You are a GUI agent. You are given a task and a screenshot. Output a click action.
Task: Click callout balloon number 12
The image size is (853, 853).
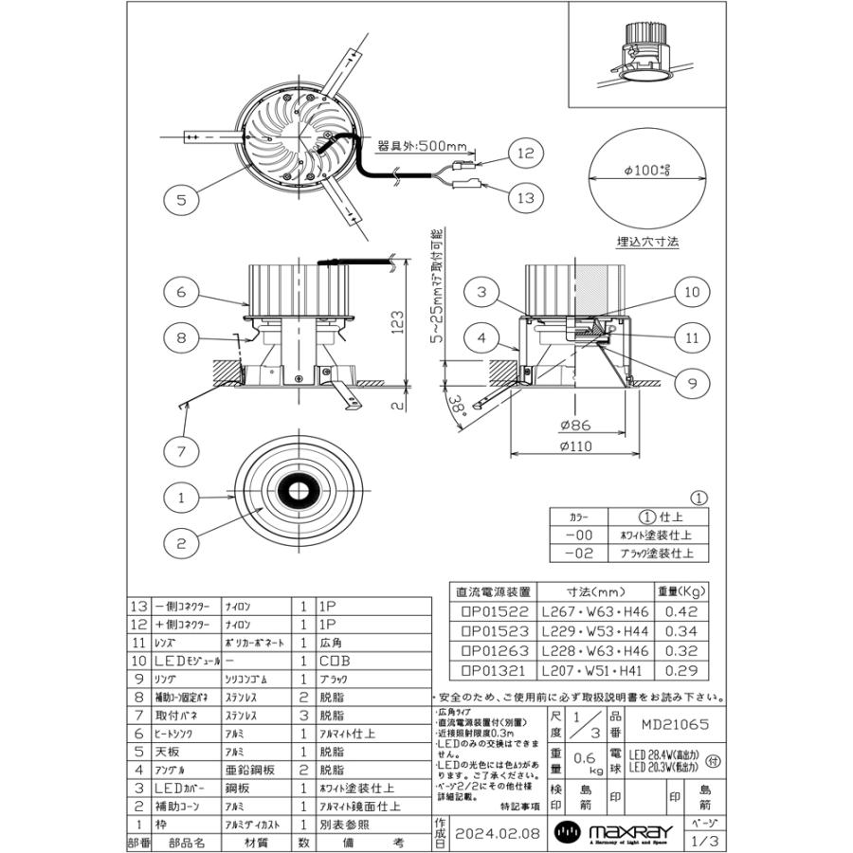527,152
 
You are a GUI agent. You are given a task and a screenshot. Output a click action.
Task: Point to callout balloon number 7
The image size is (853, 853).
181,451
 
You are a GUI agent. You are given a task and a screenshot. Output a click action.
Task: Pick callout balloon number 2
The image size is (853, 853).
180,543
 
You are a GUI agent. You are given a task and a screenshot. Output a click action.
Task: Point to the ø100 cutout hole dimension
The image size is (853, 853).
647,172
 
